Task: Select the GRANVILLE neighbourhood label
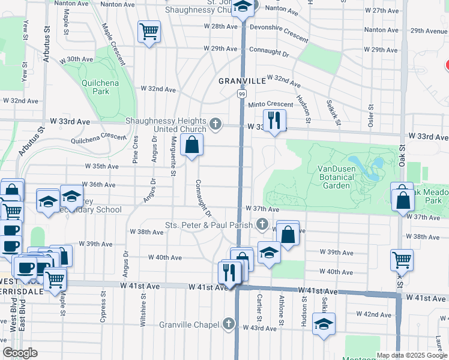tap(242, 80)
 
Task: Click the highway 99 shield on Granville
tap(241, 94)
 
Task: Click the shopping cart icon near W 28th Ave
tap(149, 31)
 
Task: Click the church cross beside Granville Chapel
tap(228, 325)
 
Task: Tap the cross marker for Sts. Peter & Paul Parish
tap(262, 225)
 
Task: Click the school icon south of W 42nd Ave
tap(324, 325)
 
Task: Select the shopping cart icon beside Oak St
tap(402, 260)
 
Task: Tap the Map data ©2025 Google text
tap(412, 355)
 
